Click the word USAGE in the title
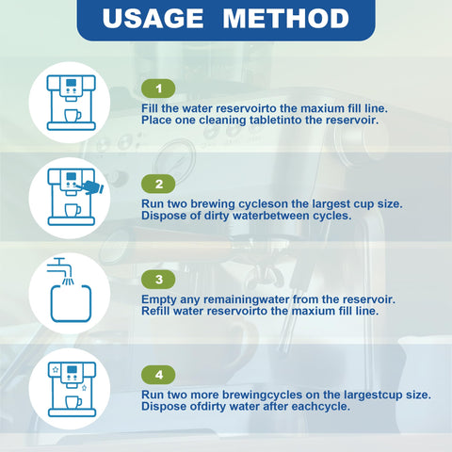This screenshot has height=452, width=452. coord(153,18)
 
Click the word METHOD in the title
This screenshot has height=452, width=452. coord(286,18)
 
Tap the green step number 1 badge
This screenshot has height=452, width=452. coord(158,89)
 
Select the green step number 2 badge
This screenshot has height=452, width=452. coord(158,184)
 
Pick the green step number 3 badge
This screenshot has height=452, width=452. coord(158,280)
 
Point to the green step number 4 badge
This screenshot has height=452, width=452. coord(158,375)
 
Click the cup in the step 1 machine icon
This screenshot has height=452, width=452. coord(73,116)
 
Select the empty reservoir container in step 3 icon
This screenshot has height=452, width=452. coord(71,303)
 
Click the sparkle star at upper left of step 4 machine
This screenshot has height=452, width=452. coord(56,369)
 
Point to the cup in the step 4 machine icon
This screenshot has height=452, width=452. coord(73,402)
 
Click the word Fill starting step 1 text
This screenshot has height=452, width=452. coord(150,108)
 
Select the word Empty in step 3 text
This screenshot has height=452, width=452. coord(159,299)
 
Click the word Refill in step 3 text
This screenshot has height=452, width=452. coord(155,311)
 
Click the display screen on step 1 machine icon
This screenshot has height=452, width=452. coord(72,83)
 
